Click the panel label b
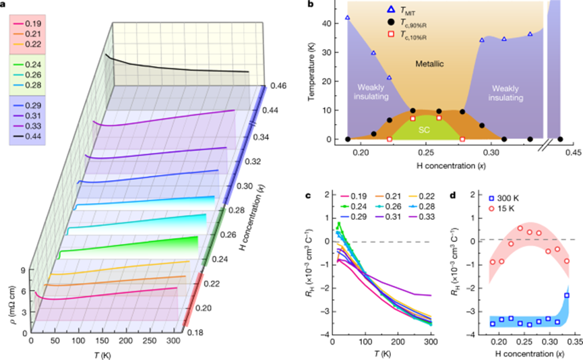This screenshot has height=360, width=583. coord(328,5)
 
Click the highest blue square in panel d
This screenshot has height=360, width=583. coord(567,295)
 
